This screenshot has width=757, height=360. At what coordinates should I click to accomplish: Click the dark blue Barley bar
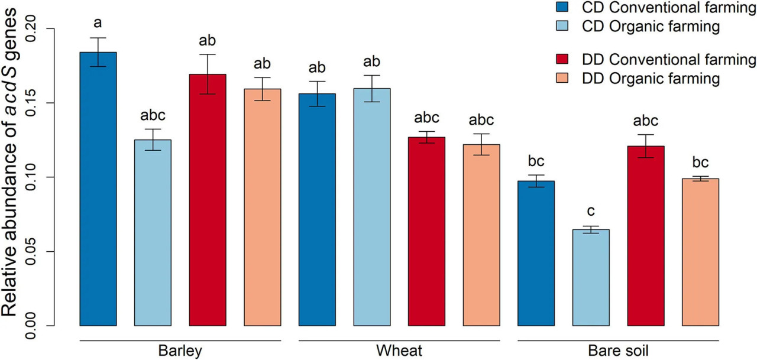(98, 189)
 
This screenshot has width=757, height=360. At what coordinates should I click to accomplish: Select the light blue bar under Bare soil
(591, 278)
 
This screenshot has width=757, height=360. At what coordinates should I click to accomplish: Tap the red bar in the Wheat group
(426, 231)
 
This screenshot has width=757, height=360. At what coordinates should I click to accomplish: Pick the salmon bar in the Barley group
(262, 207)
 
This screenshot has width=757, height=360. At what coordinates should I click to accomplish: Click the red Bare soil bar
(645, 236)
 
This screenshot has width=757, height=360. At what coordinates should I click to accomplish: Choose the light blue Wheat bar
(372, 207)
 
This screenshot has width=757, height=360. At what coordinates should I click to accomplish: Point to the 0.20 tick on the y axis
(50, 29)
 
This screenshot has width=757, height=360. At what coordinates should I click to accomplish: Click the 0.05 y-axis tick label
(31, 252)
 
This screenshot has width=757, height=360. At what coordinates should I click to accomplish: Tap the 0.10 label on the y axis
(31, 177)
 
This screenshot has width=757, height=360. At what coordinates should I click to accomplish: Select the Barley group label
(180, 351)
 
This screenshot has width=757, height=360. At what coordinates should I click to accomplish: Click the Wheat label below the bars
(399, 351)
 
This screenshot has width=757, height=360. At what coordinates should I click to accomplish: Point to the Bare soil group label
(618, 351)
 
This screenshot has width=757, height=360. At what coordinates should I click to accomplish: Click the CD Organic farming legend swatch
(562, 25)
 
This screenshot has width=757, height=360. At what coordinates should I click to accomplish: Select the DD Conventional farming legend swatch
(562, 59)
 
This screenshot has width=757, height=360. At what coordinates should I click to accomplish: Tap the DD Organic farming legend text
(651, 79)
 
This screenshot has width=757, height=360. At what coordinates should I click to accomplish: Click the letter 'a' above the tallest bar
(98, 23)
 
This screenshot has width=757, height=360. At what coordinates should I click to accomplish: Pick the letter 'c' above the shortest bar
(591, 211)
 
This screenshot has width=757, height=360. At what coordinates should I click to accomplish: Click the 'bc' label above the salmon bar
(700, 162)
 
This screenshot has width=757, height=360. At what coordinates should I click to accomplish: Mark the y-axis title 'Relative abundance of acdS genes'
(9, 163)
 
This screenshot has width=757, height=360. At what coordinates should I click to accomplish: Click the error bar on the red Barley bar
(208, 74)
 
